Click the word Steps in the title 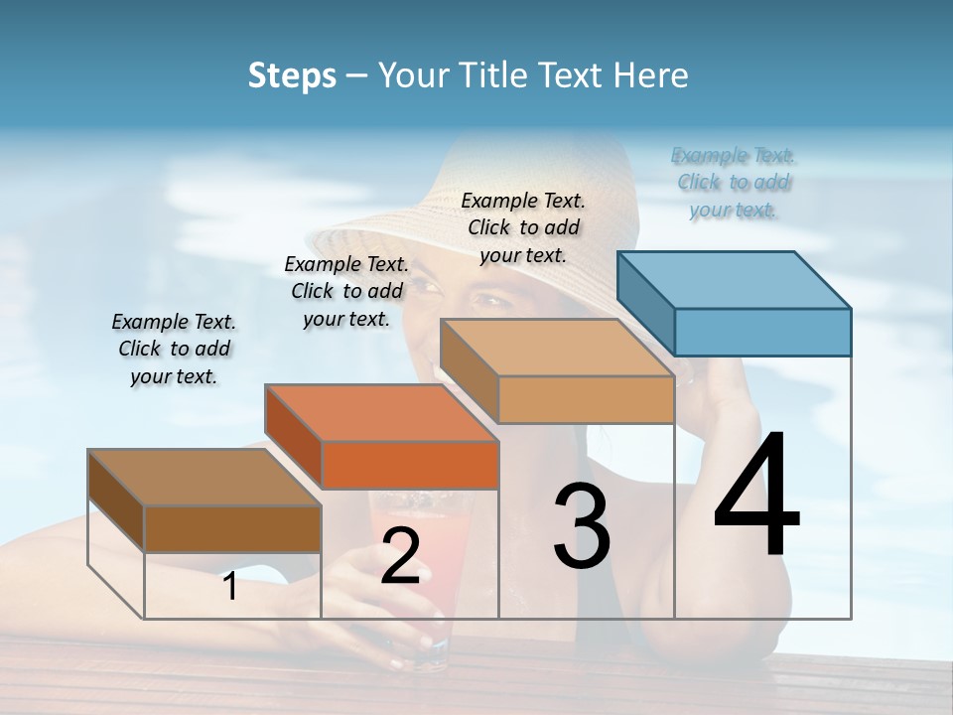click(x=291, y=75)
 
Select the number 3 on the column click(x=582, y=526)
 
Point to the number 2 click(x=400, y=556)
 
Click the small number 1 click(x=230, y=587)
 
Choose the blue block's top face click(x=735, y=279)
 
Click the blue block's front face click(x=762, y=332)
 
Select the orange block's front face click(x=410, y=465)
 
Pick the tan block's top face click(x=557, y=348)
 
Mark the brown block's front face click(x=232, y=528)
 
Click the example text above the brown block click(x=174, y=349)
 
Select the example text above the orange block click(x=346, y=291)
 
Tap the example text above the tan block click(x=523, y=227)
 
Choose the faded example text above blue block click(x=734, y=182)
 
